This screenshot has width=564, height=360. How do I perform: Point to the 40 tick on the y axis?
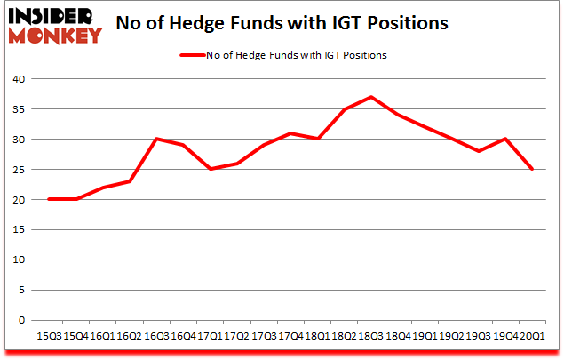point(18,79)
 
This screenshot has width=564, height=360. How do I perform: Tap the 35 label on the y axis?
point(18,109)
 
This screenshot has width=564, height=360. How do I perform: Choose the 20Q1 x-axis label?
point(531,336)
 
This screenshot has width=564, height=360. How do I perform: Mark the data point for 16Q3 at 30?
point(156,139)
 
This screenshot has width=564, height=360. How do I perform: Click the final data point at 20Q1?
point(532,169)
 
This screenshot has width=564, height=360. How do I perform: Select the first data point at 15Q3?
point(49,199)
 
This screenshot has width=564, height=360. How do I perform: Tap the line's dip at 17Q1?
point(210,169)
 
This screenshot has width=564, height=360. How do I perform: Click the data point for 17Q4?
point(290,133)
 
